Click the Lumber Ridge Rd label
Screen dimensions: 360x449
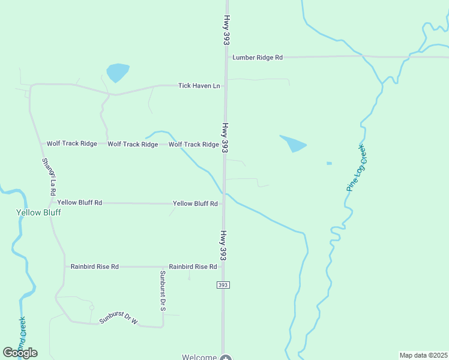coord(258,58)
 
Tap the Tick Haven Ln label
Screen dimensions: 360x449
coord(199,86)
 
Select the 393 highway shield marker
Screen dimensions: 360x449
coord(223,285)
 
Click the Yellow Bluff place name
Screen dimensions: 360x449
coord(38,212)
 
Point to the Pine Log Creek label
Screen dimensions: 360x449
coord(356,167)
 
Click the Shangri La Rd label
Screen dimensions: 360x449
coord(49,176)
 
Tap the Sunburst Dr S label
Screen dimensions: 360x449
coord(162,290)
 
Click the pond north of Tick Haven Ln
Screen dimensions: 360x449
coord(118,73)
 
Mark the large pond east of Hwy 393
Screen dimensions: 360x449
coord(294,144)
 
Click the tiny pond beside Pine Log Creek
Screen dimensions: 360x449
coord(329,163)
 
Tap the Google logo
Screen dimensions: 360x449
coord(20,353)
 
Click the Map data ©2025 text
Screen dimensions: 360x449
coord(423,355)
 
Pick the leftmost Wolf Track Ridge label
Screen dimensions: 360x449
coord(72,144)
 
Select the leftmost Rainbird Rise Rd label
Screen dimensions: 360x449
coord(95,266)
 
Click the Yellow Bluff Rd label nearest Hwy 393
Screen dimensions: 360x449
coord(195,204)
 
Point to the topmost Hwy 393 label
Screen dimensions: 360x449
coord(227,30)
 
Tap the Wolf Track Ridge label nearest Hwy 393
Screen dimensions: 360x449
coord(194,145)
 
